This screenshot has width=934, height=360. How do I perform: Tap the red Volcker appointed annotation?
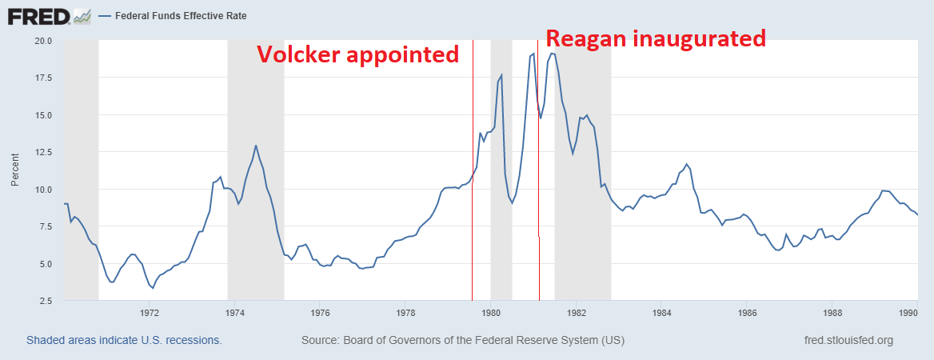point(357,54)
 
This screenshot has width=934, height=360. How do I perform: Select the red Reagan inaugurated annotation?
point(656,38)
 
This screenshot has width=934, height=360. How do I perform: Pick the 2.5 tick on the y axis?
point(45,302)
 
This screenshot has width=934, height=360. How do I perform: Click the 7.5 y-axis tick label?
point(45,227)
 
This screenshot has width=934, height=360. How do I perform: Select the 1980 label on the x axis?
point(491,313)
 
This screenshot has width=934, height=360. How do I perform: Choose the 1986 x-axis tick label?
point(747,313)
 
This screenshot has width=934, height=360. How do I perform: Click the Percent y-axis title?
point(15,171)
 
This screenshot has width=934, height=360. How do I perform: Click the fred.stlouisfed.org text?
point(848,341)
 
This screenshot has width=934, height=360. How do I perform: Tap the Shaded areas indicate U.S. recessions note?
point(124,341)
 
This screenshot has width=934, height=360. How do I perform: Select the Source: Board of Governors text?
point(463,341)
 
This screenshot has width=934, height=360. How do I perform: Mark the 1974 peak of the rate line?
point(256,146)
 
